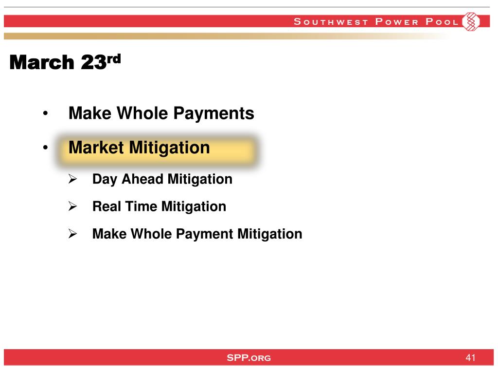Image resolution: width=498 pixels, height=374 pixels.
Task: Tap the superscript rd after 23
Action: [114, 59]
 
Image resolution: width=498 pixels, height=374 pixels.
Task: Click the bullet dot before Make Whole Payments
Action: [45, 113]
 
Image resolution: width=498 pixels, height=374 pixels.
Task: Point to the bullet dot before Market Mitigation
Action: [45, 147]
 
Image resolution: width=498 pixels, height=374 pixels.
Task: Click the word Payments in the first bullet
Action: [214, 114]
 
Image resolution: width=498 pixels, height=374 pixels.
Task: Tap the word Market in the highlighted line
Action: [96, 147]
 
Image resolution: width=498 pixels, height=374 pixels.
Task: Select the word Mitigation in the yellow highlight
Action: [169, 148]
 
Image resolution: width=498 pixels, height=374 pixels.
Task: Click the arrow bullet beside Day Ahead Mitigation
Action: [73, 179]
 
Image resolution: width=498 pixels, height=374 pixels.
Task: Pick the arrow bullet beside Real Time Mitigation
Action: [73, 206]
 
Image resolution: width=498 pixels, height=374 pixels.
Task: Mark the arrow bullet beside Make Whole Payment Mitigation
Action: [73, 234]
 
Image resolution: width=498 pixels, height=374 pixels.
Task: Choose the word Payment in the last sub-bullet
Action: [205, 234]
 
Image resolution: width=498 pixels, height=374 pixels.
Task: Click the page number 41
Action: [470, 357]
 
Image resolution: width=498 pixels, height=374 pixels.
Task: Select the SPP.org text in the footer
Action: [249, 358]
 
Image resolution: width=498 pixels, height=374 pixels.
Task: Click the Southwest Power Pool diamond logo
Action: [471, 21]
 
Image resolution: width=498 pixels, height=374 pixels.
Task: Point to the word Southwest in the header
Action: [331, 21]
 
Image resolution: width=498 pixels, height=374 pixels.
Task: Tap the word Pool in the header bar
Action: [442, 21]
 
